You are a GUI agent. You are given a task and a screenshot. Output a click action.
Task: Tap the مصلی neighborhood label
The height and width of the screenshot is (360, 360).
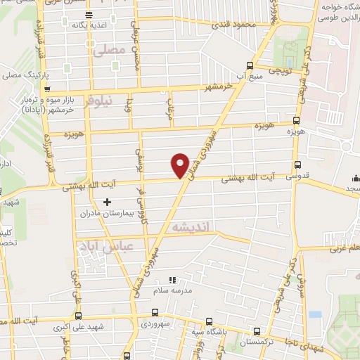(109, 49)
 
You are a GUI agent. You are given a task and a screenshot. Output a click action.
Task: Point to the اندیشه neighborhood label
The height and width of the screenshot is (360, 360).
(189, 226)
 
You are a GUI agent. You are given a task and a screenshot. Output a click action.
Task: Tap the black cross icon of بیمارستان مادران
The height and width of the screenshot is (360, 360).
(107, 202)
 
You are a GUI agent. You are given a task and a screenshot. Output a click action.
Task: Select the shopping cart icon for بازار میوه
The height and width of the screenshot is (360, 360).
(46, 89)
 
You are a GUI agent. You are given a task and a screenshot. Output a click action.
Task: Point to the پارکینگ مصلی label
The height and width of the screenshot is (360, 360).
(24, 74)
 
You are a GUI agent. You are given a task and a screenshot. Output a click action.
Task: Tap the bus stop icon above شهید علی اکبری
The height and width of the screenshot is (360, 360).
(77, 316)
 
